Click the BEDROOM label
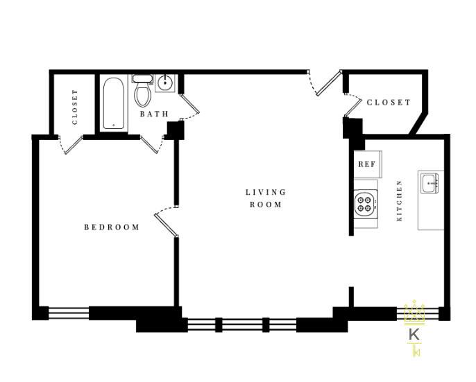112,227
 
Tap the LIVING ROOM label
266,198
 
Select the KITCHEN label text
400,201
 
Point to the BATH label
154,114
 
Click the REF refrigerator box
368,164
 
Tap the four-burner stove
366,204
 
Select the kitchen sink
430,184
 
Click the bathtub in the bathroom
113,103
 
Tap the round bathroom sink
165,82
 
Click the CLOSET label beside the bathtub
75,107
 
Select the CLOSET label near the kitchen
389,102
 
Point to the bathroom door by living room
189,104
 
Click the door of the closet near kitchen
352,107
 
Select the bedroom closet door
73,145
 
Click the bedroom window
69,313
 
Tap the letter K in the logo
414,334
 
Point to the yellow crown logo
414,312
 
